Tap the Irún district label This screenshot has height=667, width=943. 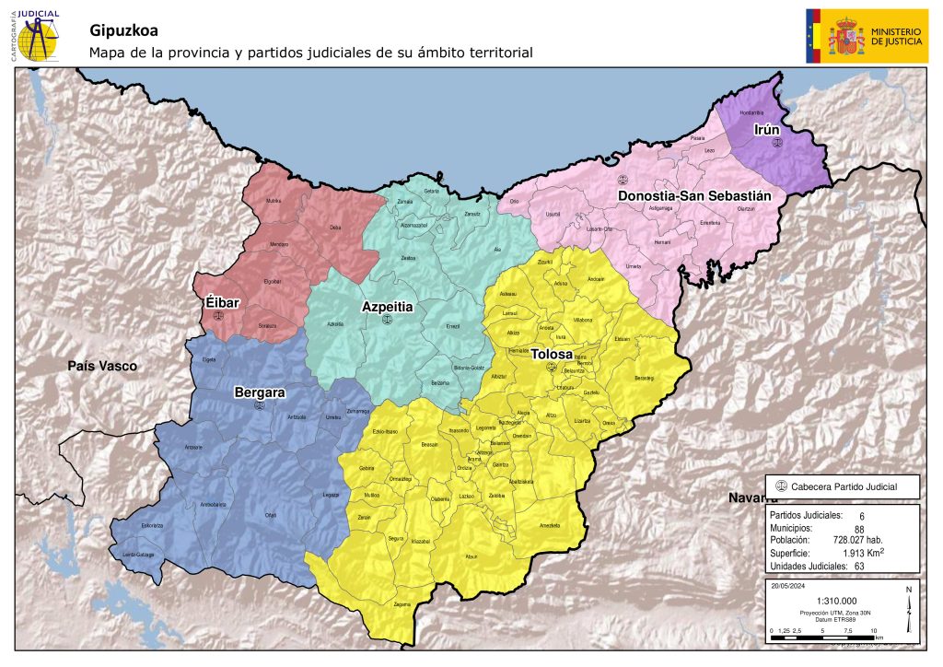[767, 129]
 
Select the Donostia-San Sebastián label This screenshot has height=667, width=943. [694, 196]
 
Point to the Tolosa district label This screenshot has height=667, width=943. [551, 354]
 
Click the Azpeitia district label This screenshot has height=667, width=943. [387, 306]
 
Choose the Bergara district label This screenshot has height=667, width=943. [259, 392]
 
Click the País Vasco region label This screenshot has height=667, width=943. [102, 366]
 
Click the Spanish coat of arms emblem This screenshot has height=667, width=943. [846, 37]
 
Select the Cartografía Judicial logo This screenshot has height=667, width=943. [36, 34]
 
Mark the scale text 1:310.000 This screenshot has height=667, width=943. [836, 601]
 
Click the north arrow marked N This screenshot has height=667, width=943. [908, 612]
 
